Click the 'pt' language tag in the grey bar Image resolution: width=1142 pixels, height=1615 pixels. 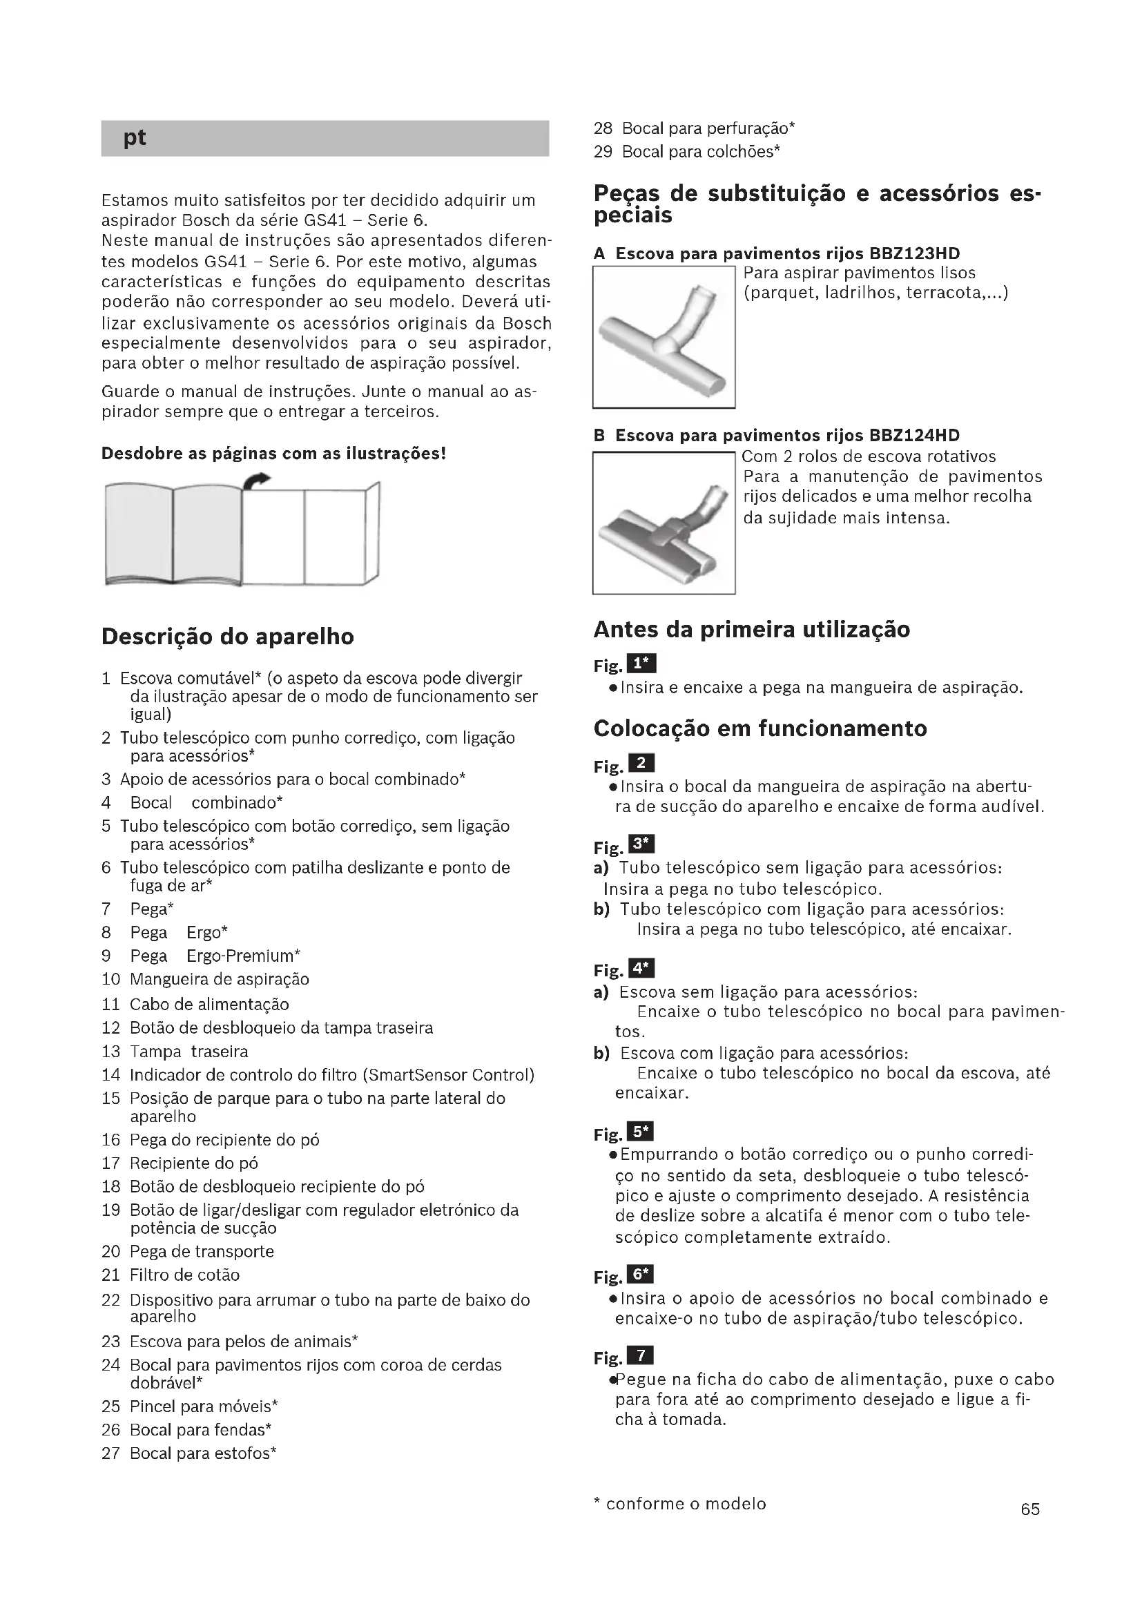tap(135, 138)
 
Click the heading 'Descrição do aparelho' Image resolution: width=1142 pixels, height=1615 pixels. tap(227, 637)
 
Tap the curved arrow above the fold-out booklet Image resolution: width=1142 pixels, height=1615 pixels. tap(258, 481)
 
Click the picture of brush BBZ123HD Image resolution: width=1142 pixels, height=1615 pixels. tap(663, 337)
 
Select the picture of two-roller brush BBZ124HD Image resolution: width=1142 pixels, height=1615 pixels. tap(663, 523)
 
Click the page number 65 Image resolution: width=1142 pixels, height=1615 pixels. tap(1030, 1509)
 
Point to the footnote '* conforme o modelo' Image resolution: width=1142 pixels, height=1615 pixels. tap(680, 1504)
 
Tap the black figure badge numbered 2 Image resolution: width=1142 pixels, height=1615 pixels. tap(641, 763)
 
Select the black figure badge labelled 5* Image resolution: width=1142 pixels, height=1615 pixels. tap(641, 1132)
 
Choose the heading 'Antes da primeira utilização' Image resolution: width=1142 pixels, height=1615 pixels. tap(751, 630)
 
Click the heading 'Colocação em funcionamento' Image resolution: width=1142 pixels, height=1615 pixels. tap(759, 728)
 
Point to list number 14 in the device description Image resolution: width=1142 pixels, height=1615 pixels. tap(111, 1075)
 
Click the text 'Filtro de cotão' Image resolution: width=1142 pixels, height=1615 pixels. tap(184, 1275)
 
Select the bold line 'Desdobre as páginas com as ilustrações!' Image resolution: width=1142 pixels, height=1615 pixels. tap(273, 454)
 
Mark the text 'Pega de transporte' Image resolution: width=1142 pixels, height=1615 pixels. tap(202, 1251)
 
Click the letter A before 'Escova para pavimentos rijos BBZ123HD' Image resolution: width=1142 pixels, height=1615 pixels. tap(599, 254)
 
